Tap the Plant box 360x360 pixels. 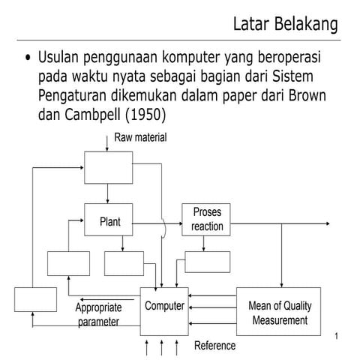[x=110, y=221]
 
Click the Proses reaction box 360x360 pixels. [x=207, y=218]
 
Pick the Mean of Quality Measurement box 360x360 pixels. [x=279, y=313]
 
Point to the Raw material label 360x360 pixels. [x=140, y=137]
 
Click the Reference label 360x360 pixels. [x=214, y=346]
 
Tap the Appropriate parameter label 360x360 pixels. [x=97, y=314]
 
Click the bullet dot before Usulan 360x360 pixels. [x=28, y=59]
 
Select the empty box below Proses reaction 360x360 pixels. [x=208, y=261]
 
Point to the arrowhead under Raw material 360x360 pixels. [x=107, y=148]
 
